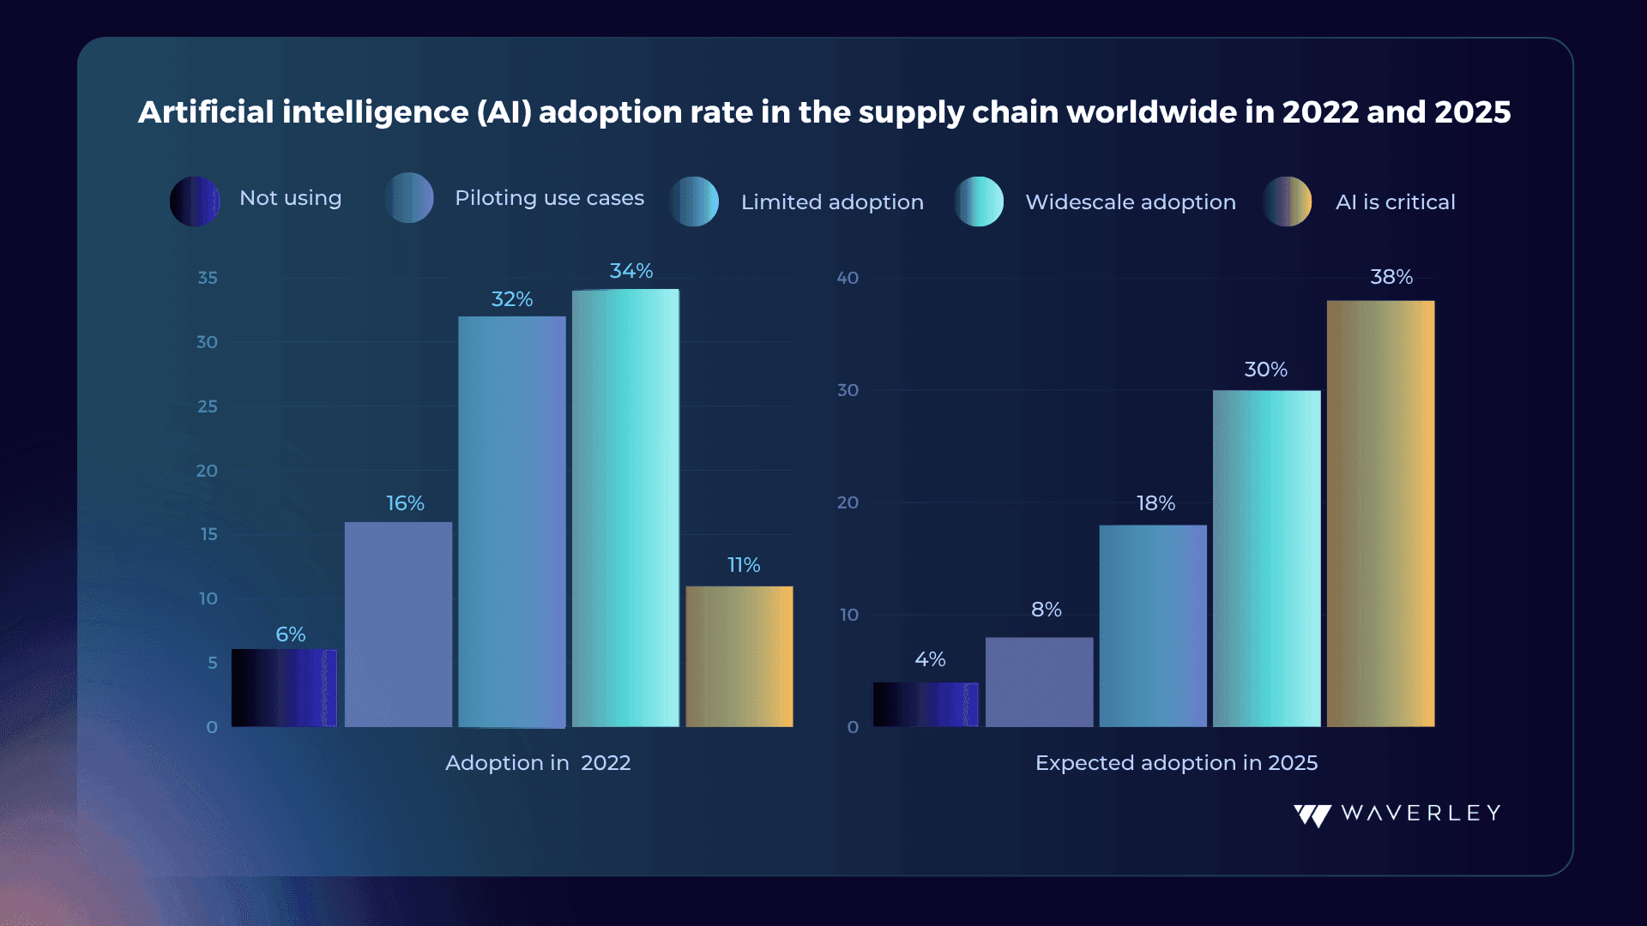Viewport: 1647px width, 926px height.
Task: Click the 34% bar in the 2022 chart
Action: (x=625, y=508)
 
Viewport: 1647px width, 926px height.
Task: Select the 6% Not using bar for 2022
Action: (x=284, y=688)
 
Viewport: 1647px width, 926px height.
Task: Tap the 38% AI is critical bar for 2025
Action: (x=1380, y=514)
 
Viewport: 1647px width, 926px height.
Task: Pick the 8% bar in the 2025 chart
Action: (x=1040, y=682)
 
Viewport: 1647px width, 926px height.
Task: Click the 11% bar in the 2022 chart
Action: (x=739, y=657)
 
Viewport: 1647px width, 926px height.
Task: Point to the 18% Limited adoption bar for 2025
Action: (x=1153, y=626)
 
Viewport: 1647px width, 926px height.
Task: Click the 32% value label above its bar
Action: (x=512, y=299)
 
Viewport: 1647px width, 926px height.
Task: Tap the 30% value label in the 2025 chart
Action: (x=1266, y=370)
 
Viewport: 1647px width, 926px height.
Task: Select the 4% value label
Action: (x=930, y=659)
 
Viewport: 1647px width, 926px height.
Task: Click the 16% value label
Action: (x=405, y=503)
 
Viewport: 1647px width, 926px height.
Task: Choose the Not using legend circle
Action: (x=195, y=201)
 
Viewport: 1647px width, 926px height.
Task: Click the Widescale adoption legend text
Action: (x=1131, y=202)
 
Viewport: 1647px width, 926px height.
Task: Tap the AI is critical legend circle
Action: (x=1287, y=201)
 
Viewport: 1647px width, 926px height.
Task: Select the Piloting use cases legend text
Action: (x=549, y=198)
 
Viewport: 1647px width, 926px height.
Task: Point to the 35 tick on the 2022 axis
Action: (x=208, y=278)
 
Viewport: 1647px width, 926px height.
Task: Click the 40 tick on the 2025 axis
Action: (x=848, y=278)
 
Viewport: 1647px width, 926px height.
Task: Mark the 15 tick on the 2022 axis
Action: (x=209, y=534)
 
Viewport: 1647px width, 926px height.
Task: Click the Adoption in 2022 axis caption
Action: (x=538, y=763)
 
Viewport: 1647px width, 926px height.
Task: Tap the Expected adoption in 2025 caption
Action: (x=1176, y=763)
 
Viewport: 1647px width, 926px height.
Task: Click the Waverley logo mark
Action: (x=1312, y=815)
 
